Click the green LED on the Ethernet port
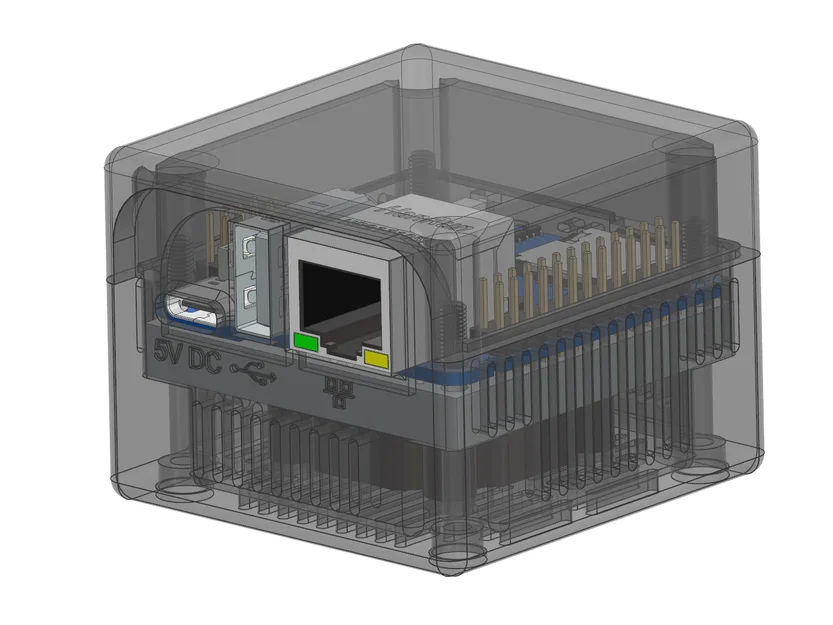click(x=305, y=343)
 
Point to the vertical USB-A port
click(x=251, y=275)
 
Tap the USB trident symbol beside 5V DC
click(x=254, y=375)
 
